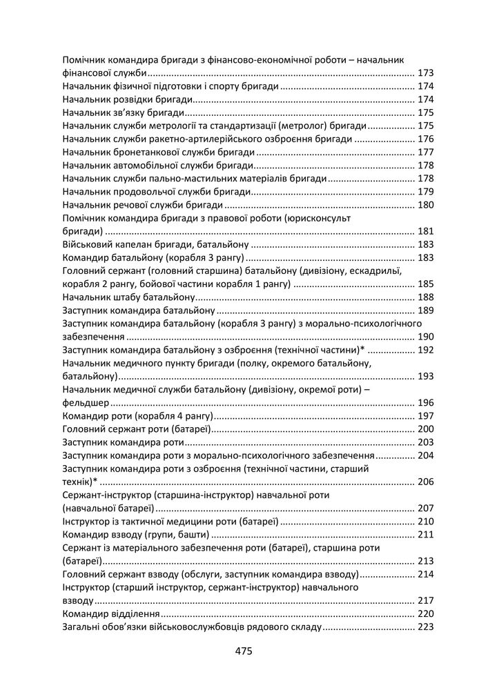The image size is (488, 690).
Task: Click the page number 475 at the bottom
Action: point(244,651)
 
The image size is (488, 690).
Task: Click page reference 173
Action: point(425,73)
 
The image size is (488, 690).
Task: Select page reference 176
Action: point(425,139)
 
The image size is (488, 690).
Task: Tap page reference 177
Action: point(425,152)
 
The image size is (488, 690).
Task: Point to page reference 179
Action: point(425,191)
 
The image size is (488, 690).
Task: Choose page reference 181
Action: point(425,231)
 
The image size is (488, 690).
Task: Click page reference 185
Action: point(425,284)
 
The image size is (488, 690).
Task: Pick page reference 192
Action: point(425,350)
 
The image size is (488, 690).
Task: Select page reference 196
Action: point(425,403)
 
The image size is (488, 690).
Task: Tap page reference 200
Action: point(425,429)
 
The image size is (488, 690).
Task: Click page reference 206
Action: point(425,482)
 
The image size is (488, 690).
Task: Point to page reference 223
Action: point(425,627)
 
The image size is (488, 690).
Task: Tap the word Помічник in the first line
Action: point(85,60)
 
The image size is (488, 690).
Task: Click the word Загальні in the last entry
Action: point(82,627)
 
